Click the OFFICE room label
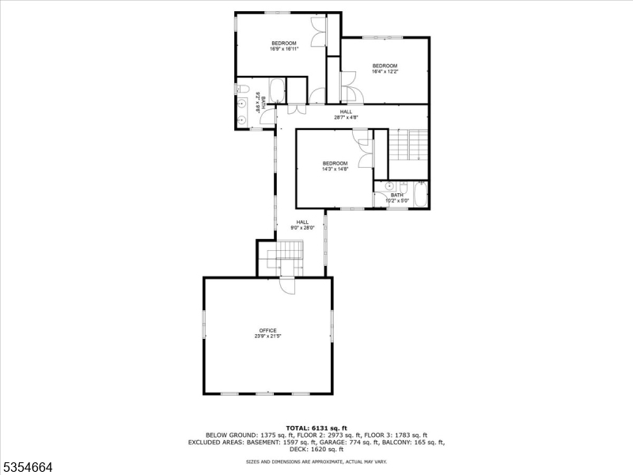(x=267, y=330)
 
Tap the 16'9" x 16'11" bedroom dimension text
(x=284, y=49)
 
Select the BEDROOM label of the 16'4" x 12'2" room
(x=385, y=66)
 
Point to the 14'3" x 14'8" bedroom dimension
(x=335, y=169)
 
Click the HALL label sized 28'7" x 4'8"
(x=346, y=112)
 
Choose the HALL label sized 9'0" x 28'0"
(x=302, y=222)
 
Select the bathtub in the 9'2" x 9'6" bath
(x=278, y=90)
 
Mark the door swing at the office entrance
(x=286, y=286)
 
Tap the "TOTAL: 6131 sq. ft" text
(x=316, y=427)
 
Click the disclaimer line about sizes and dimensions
(x=316, y=461)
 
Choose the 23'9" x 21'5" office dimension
(x=267, y=336)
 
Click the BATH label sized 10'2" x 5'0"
(x=396, y=195)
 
